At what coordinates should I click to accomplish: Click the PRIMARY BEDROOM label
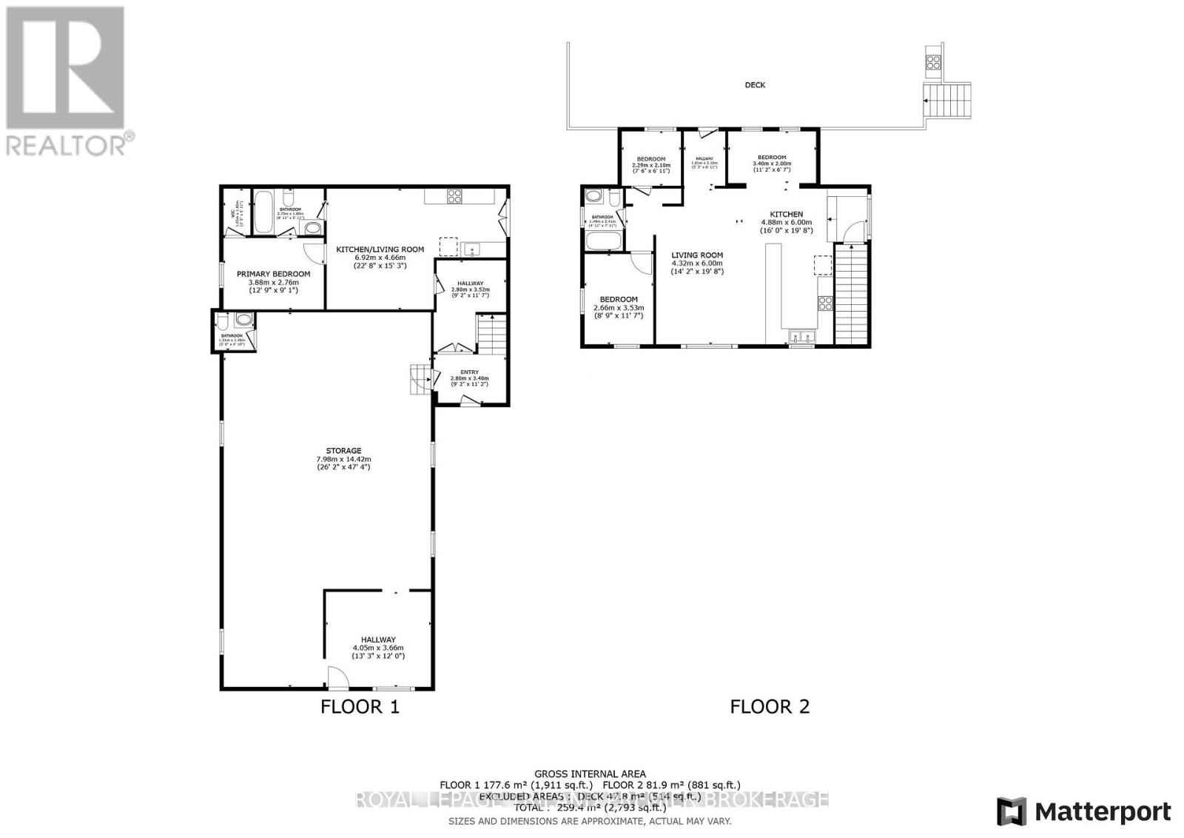[273, 274]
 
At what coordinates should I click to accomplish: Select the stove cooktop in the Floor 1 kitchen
[454, 196]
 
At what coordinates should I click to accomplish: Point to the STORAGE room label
[343, 450]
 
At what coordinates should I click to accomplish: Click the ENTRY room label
[469, 372]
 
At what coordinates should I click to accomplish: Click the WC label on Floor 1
[231, 212]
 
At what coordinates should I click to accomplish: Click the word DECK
[755, 85]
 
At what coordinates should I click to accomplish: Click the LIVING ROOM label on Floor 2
[697, 255]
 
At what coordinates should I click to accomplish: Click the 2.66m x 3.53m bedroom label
[618, 300]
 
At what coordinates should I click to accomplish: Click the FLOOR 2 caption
[770, 706]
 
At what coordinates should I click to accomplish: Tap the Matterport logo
[1084, 811]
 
